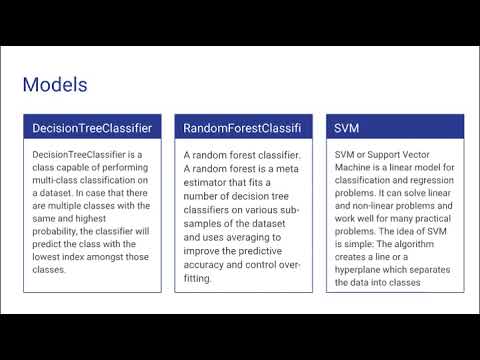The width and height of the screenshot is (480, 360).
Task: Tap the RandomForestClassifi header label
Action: [242, 128]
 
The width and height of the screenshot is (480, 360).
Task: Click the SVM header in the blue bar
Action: [347, 128]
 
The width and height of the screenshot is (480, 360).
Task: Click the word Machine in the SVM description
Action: [355, 168]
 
